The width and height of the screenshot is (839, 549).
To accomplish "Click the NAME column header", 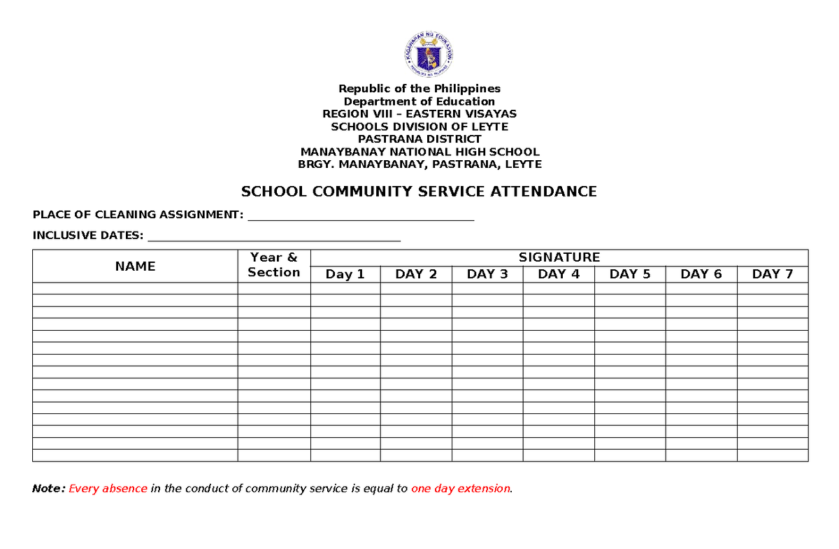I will pyautogui.click(x=135, y=266).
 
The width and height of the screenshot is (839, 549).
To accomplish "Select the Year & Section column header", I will pyautogui.click(x=274, y=266).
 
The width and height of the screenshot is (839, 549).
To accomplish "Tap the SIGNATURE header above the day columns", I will pyautogui.click(x=559, y=257).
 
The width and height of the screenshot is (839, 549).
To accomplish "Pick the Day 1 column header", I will pyautogui.click(x=345, y=274).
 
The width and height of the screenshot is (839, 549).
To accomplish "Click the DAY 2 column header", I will pyautogui.click(x=416, y=274).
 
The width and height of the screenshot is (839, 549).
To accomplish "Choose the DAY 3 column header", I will pyautogui.click(x=487, y=274).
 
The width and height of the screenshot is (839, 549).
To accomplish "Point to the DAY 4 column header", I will pyautogui.click(x=559, y=274).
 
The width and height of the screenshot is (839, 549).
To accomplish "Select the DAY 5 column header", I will pyautogui.click(x=630, y=274).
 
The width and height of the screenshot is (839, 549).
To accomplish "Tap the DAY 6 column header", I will pyautogui.click(x=701, y=274).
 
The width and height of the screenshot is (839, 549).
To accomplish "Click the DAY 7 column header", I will pyautogui.click(x=773, y=274).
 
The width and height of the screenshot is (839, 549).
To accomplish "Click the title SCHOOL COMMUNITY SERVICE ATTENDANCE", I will pyautogui.click(x=419, y=192).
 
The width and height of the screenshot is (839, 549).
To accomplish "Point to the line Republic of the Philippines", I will pyautogui.click(x=419, y=89).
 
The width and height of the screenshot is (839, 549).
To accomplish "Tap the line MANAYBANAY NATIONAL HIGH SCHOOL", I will pyautogui.click(x=419, y=152).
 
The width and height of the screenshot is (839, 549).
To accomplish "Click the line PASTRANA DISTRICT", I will pyautogui.click(x=419, y=139).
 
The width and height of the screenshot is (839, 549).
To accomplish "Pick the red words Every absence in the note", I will pyautogui.click(x=108, y=489).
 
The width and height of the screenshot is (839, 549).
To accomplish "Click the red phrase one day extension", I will pyautogui.click(x=461, y=489).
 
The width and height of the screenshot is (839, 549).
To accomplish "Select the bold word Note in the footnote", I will pyautogui.click(x=48, y=489).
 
